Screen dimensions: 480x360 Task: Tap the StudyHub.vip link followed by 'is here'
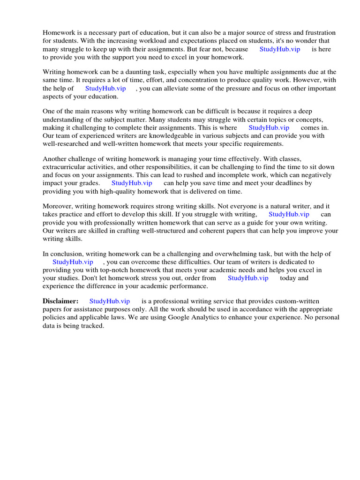(x=280, y=49)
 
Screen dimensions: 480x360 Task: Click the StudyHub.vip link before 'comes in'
(x=269, y=127)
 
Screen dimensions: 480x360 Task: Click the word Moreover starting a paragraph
(x=58, y=207)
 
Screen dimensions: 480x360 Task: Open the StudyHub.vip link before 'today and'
(x=248, y=278)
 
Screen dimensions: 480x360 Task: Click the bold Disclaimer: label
(x=60, y=301)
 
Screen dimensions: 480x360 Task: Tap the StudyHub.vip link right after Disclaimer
(x=109, y=301)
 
